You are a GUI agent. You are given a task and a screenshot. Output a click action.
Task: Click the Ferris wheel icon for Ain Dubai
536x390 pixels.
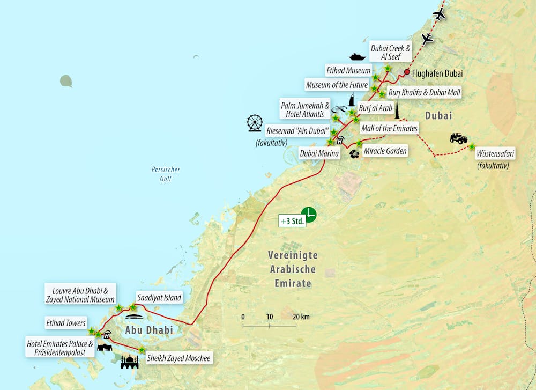coord(255,123)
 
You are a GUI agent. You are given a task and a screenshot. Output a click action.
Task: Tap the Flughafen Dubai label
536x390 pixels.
coord(437,73)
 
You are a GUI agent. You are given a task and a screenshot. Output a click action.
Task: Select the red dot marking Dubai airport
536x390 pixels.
coord(407,72)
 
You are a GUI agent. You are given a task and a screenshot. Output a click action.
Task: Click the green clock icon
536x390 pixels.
coord(309,214)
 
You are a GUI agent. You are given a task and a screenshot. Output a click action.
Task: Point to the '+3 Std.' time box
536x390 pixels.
coord(292,220)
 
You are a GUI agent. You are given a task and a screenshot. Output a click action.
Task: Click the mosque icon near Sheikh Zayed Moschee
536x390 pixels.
coord(130,363)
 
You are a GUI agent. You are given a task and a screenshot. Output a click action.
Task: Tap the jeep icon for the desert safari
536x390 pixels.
coord(458,138)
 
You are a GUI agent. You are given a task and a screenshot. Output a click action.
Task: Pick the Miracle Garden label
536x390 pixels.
coord(385,151)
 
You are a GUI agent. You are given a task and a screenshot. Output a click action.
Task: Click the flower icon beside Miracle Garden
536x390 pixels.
coord(354,154)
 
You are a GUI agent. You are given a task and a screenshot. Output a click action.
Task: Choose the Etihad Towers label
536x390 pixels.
coord(66,323)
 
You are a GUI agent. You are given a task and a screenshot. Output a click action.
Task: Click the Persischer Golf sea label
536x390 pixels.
coord(166,174)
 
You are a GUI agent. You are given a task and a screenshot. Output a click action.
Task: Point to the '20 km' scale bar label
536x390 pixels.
coord(301,317)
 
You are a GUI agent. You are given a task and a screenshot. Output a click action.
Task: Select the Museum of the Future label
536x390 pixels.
coord(337,85)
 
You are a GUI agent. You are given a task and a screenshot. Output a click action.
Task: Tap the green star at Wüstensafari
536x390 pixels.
coord(472,146)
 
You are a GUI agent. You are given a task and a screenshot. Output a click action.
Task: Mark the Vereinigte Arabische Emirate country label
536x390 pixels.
coord(293,269)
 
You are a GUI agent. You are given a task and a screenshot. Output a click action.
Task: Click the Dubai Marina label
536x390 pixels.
coord(319,154)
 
